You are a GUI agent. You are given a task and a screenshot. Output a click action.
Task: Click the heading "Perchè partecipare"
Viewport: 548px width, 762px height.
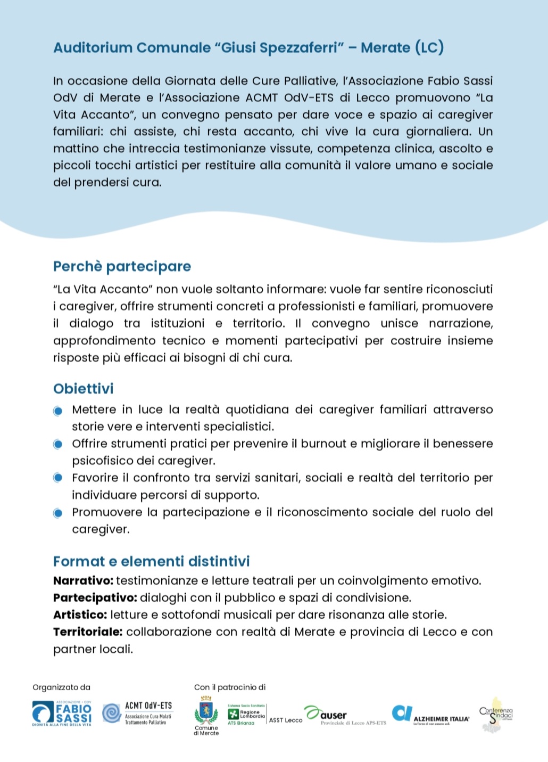(x=122, y=266)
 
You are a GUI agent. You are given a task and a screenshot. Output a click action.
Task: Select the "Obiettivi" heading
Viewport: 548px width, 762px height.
(x=84, y=389)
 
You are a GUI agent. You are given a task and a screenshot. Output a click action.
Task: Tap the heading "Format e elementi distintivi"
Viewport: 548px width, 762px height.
(x=151, y=561)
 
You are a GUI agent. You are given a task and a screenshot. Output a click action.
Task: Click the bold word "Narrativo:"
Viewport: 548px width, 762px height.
(x=83, y=580)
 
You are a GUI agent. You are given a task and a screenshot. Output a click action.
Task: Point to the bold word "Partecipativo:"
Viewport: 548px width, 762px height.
(x=95, y=597)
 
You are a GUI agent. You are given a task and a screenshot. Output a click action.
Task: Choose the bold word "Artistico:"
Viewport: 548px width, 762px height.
(x=80, y=614)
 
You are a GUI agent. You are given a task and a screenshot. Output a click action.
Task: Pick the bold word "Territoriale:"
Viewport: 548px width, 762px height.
(x=88, y=632)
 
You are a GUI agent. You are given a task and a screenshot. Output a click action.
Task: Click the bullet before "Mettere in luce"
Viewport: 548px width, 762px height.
(x=58, y=411)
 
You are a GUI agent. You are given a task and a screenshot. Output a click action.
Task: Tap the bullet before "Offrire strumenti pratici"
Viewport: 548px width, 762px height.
(x=58, y=444)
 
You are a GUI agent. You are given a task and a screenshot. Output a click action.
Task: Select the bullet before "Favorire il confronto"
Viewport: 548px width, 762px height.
(x=58, y=478)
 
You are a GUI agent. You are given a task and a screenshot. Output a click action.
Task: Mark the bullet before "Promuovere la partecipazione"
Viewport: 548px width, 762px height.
(x=58, y=513)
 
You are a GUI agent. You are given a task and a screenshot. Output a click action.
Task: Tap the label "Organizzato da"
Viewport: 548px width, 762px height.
(x=61, y=687)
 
